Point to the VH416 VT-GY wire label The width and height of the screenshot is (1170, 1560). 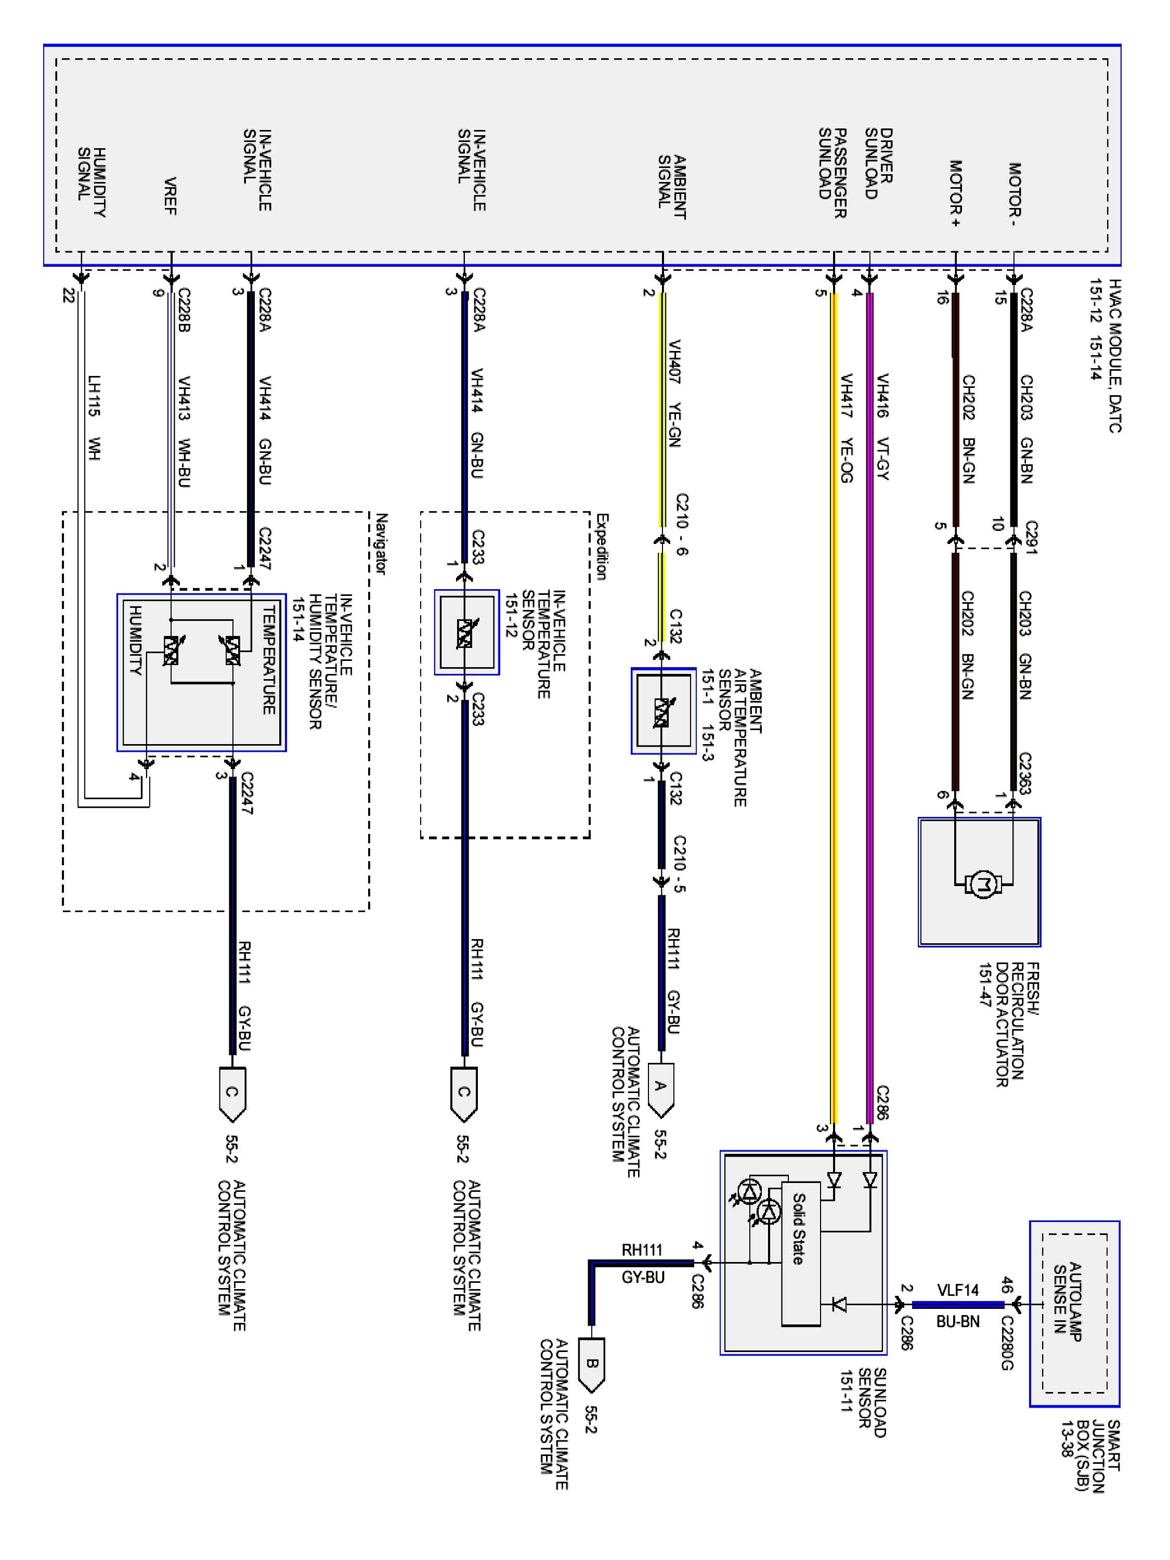click(x=881, y=427)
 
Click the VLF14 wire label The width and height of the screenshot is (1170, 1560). click(x=958, y=1290)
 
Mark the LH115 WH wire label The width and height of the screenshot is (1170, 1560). click(x=94, y=418)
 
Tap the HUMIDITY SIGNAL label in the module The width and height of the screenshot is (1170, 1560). click(x=92, y=182)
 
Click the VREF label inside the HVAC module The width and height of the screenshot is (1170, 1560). click(x=170, y=196)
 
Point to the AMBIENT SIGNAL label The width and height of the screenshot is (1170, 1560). click(x=671, y=187)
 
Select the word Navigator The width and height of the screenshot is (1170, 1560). click(x=381, y=544)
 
